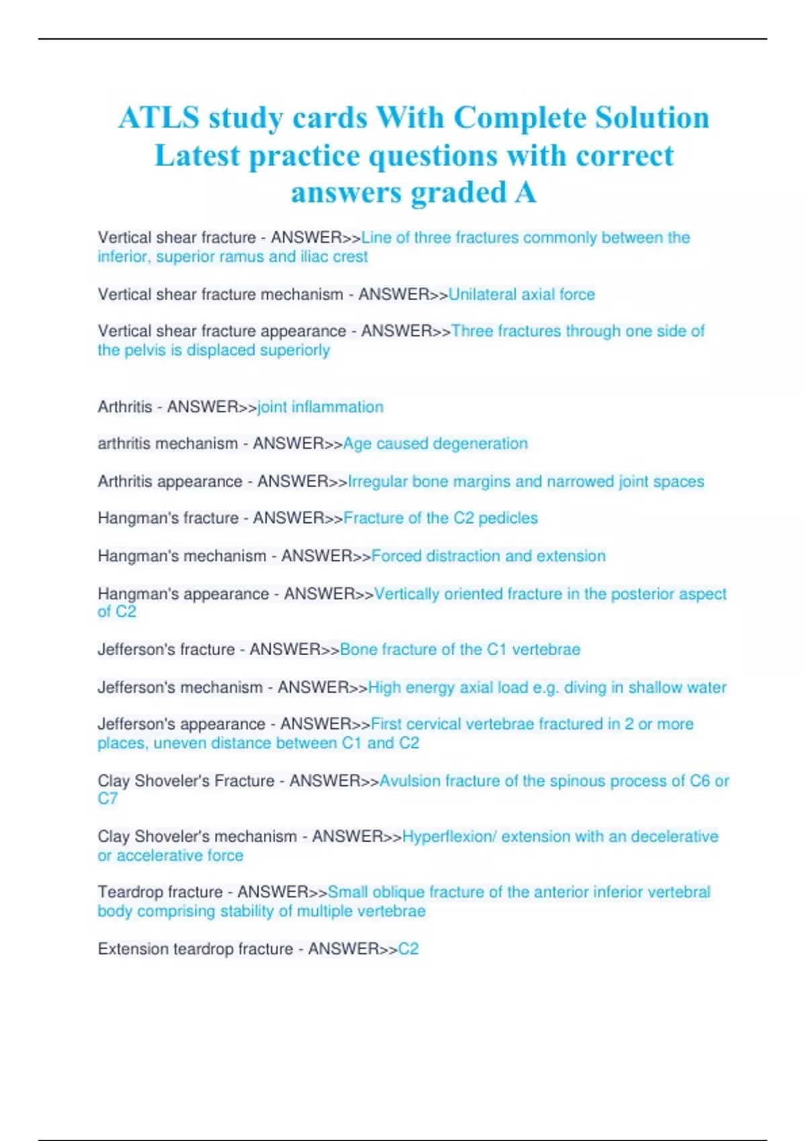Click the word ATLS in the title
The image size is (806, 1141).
159,118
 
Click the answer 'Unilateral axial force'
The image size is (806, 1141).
521,295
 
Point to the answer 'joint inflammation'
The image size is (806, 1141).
320,407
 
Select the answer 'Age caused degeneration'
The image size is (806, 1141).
435,444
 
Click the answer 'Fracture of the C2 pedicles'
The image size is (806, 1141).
441,518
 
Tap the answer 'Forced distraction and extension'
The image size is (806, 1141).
488,556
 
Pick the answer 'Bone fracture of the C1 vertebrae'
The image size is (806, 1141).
460,650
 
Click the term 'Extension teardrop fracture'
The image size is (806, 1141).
195,949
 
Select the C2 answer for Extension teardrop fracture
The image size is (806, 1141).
408,949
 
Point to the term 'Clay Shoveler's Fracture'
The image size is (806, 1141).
186,781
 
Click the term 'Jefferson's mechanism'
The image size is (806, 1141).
180,688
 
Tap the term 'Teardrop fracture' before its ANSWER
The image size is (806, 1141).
160,892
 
